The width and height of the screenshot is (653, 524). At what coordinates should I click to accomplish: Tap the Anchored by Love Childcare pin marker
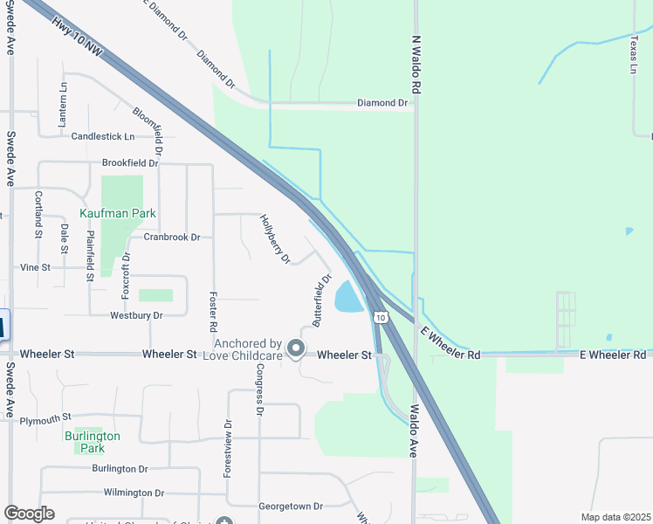[296, 348]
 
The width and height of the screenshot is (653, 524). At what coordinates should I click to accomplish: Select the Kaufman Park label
[118, 213]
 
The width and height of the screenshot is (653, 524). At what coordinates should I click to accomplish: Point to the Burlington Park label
[92, 442]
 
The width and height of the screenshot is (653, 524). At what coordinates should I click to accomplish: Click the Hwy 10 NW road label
[77, 40]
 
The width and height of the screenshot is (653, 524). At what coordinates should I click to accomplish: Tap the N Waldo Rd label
[417, 65]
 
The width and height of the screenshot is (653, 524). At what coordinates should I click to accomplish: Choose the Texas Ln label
[634, 54]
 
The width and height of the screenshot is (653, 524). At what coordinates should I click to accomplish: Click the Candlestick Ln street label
[103, 136]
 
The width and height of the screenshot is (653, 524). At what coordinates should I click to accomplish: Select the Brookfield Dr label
[130, 163]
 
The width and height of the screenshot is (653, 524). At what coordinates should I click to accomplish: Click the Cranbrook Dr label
[172, 237]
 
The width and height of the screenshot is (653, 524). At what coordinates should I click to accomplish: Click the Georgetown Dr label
[291, 506]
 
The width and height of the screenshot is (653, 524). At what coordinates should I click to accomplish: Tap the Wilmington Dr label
[134, 493]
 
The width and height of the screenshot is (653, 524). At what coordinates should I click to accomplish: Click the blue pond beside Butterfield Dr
[348, 299]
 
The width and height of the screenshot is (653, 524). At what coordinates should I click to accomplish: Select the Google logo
[29, 514]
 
